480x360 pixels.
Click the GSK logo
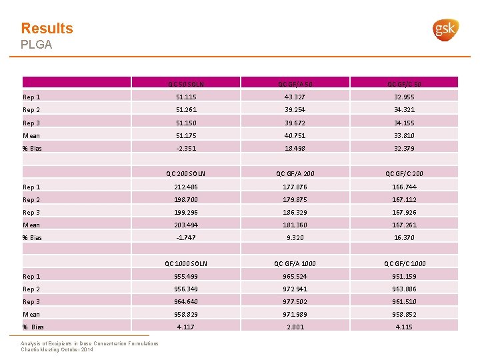point(446,30)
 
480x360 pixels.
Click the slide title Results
point(47,28)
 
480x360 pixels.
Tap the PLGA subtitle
point(36,45)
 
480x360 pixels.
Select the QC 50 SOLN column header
point(186,85)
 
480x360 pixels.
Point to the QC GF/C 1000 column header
point(406,263)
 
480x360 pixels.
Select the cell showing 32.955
point(406,97)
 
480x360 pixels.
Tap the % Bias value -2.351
point(186,149)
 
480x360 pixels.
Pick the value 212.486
point(186,187)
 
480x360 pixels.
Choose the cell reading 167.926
point(406,213)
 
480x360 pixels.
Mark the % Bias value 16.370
point(406,238)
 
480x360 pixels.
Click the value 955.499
point(186,276)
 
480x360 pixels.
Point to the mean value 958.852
point(406,314)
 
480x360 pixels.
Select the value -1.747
point(186,238)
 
